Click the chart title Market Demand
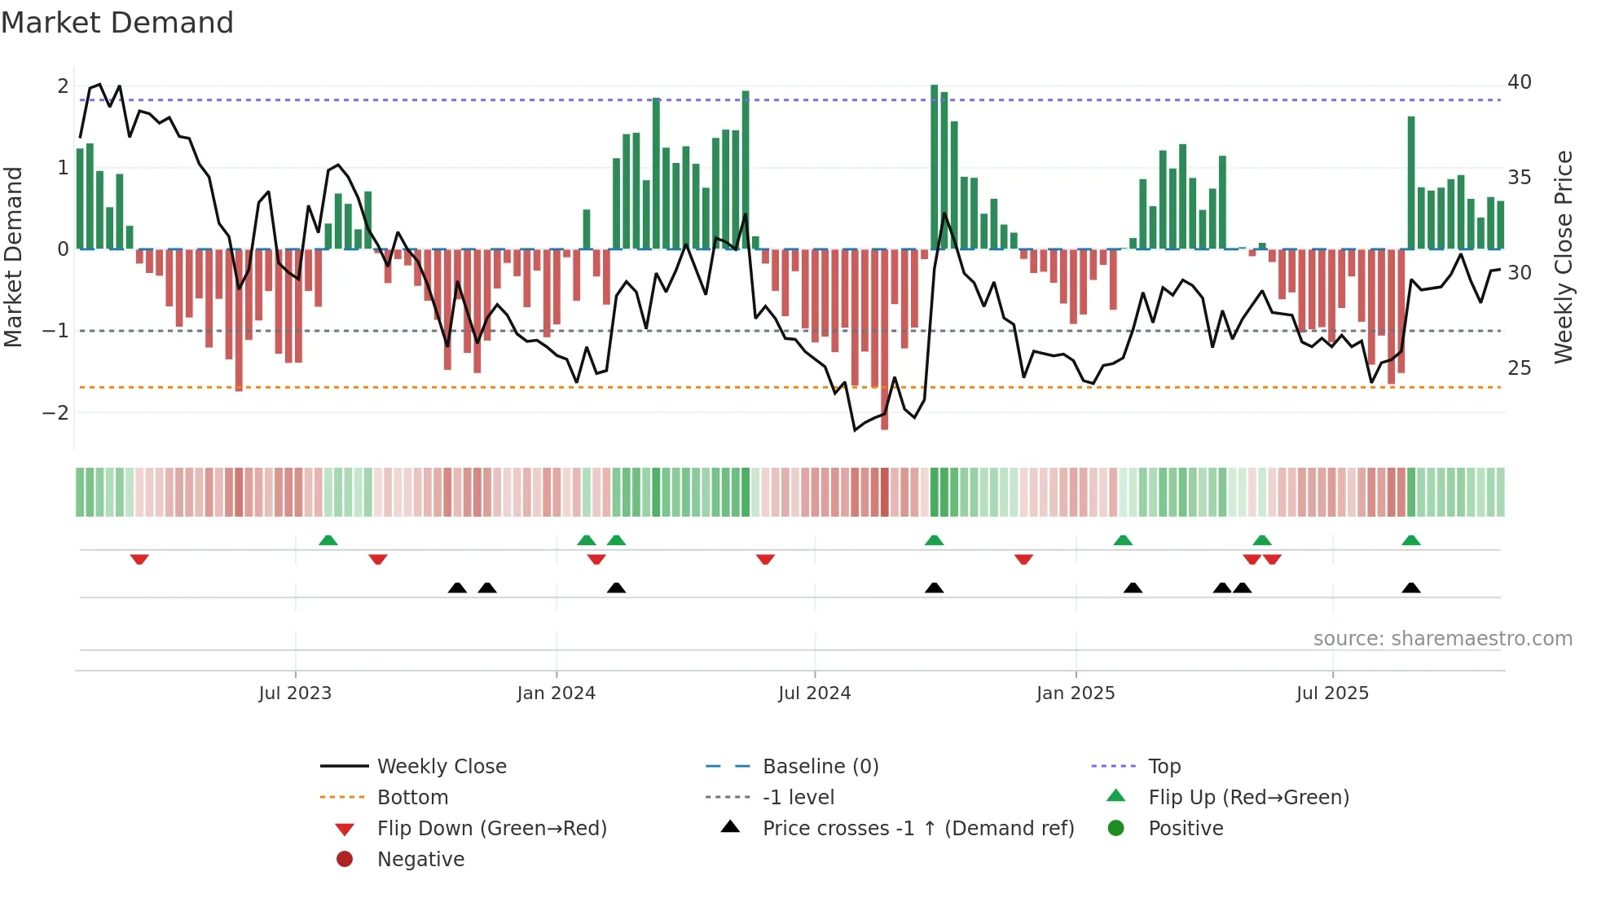pyautogui.click(x=117, y=23)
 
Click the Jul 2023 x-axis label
pyautogui.click(x=295, y=693)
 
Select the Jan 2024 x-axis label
pyautogui.click(x=557, y=693)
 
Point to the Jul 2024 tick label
pyautogui.click(x=815, y=693)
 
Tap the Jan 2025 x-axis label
pyautogui.click(x=1076, y=693)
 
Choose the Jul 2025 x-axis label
pyautogui.click(x=1333, y=693)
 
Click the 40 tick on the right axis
pyautogui.click(x=1520, y=82)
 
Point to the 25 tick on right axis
pyautogui.click(x=1520, y=368)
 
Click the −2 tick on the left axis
pyautogui.click(x=55, y=413)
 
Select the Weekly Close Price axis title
pyautogui.click(x=1564, y=257)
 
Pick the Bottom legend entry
pyautogui.click(x=412, y=798)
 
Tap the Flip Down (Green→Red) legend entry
pyautogui.click(x=491, y=829)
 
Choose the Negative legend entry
pyautogui.click(x=420, y=860)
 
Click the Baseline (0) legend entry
pyautogui.click(x=820, y=767)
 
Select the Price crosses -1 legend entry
pyautogui.click(x=918, y=829)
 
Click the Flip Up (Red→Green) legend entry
pyautogui.click(x=1248, y=798)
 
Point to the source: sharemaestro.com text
pyautogui.click(x=1443, y=639)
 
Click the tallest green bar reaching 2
pyautogui.click(x=935, y=167)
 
